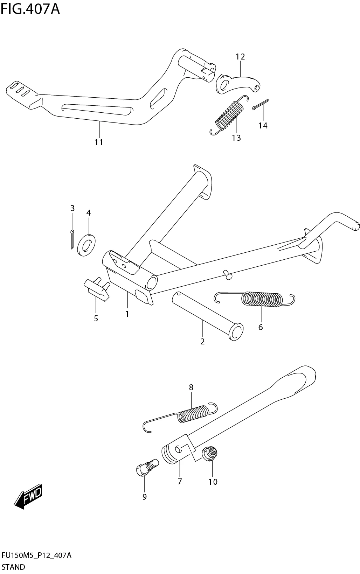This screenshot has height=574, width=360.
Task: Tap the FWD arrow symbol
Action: pos(28,496)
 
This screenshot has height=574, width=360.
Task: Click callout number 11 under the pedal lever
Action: pos(99,142)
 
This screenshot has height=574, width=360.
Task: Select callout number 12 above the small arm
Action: pos(240,57)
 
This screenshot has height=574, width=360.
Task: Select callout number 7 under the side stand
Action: pos(180,482)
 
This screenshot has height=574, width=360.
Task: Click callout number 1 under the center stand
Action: pos(127,314)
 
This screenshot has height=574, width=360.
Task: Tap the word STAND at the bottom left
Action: pos(13,567)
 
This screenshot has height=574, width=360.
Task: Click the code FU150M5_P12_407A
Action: pos(37,555)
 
